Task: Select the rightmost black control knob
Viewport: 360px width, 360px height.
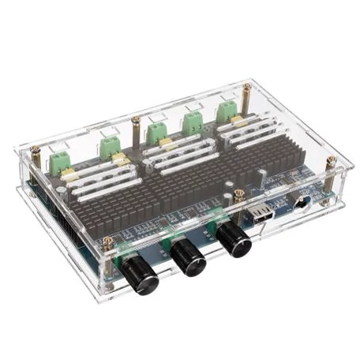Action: (x=234, y=238)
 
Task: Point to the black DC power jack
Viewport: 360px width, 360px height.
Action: (x=302, y=203)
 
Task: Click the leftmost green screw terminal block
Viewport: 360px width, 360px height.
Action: (x=59, y=163)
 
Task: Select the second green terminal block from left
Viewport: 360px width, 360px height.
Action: (x=109, y=145)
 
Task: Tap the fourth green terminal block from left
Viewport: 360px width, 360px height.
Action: (x=192, y=121)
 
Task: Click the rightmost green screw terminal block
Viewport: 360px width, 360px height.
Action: (x=227, y=110)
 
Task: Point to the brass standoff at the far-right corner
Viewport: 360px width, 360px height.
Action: (x=331, y=163)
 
